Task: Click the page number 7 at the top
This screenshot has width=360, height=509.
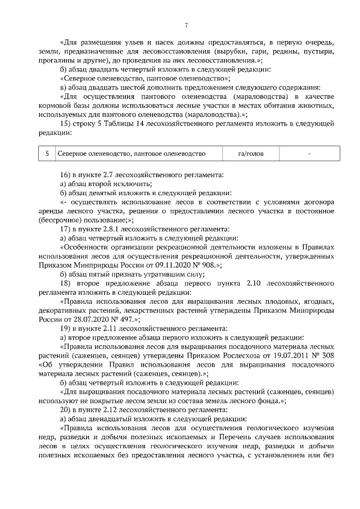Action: point(186,24)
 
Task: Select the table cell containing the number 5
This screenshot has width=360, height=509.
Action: point(47,153)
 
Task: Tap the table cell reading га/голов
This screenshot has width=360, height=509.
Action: point(250,153)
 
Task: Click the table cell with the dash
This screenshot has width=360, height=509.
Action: point(309,153)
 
